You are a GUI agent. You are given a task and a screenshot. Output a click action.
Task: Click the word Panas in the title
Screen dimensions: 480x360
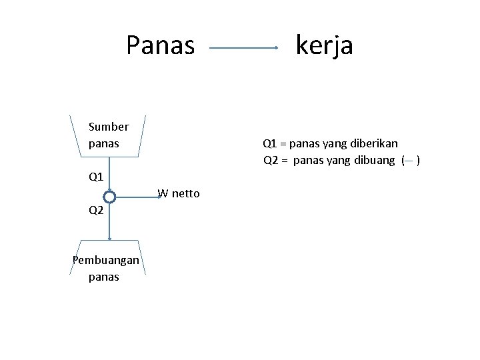pyautogui.click(x=161, y=45)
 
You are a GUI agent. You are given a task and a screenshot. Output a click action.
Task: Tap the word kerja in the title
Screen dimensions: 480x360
pyautogui.click(x=325, y=45)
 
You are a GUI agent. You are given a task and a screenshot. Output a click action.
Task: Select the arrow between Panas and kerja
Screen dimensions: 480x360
pyautogui.click(x=244, y=48)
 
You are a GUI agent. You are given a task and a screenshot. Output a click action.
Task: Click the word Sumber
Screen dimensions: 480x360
pyautogui.click(x=108, y=127)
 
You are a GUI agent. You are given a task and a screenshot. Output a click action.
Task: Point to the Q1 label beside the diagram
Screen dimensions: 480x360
pyautogui.click(x=96, y=178)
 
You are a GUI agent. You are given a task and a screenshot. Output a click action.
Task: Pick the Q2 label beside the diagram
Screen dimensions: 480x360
pyautogui.click(x=96, y=211)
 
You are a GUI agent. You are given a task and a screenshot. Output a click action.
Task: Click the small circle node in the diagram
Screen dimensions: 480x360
pyautogui.click(x=110, y=197)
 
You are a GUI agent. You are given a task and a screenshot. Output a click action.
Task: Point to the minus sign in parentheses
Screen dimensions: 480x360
pyautogui.click(x=409, y=161)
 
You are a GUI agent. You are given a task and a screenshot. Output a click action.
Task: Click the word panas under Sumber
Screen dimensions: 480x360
pyautogui.click(x=103, y=143)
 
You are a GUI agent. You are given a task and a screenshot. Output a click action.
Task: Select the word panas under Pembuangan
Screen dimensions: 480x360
pyautogui.click(x=103, y=277)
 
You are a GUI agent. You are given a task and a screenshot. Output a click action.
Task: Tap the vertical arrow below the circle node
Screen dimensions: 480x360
pyautogui.click(x=110, y=220)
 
